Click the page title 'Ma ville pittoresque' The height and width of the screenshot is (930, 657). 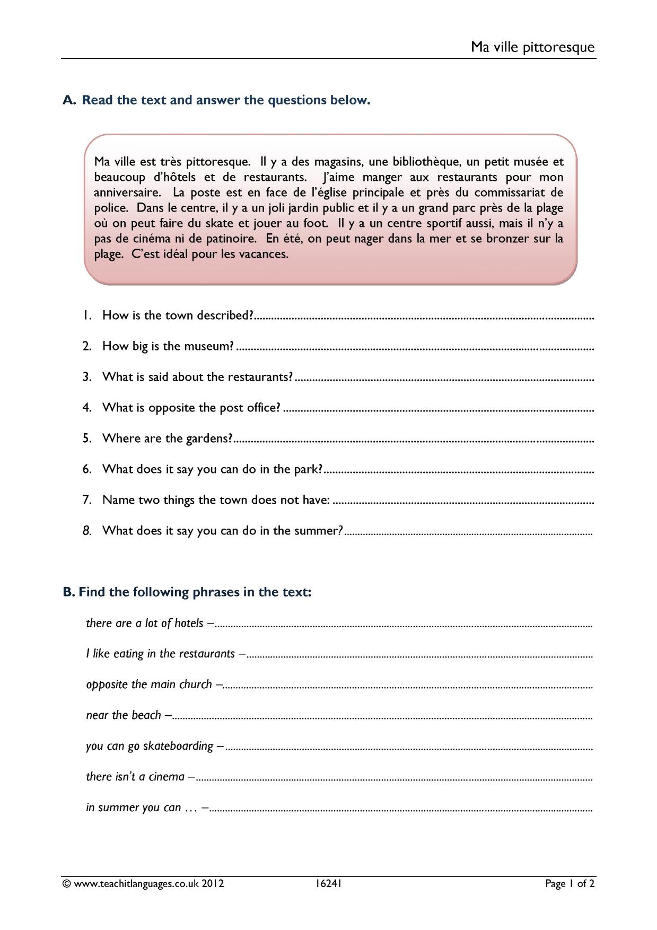click(x=532, y=47)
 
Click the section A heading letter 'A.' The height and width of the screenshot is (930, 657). click(x=70, y=100)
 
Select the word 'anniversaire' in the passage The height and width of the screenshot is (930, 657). click(x=127, y=192)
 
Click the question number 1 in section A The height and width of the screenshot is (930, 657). click(x=87, y=315)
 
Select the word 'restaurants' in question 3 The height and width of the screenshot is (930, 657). click(x=260, y=377)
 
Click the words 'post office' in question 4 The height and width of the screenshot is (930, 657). click(x=251, y=408)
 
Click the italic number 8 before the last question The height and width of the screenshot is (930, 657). click(x=87, y=530)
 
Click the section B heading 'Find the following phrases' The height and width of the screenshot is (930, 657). click(x=160, y=592)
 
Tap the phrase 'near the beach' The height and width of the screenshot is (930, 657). click(x=124, y=715)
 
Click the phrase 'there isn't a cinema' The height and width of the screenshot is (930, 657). click(x=135, y=777)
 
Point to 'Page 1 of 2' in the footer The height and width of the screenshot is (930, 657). click(x=570, y=883)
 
